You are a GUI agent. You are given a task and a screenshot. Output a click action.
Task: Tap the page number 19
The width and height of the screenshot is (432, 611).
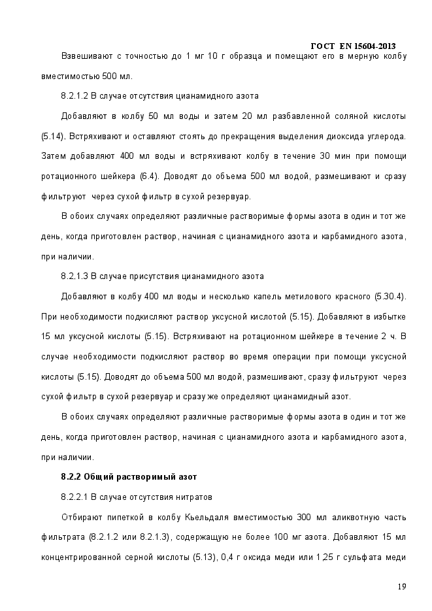pyautogui.click(x=401, y=586)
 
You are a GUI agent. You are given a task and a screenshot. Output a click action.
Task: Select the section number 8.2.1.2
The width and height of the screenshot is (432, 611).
pyautogui.click(x=74, y=95)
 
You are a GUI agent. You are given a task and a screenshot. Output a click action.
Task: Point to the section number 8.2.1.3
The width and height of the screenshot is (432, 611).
pyautogui.click(x=74, y=276)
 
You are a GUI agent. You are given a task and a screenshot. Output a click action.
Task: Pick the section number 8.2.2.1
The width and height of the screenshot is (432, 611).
pyautogui.click(x=74, y=497)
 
